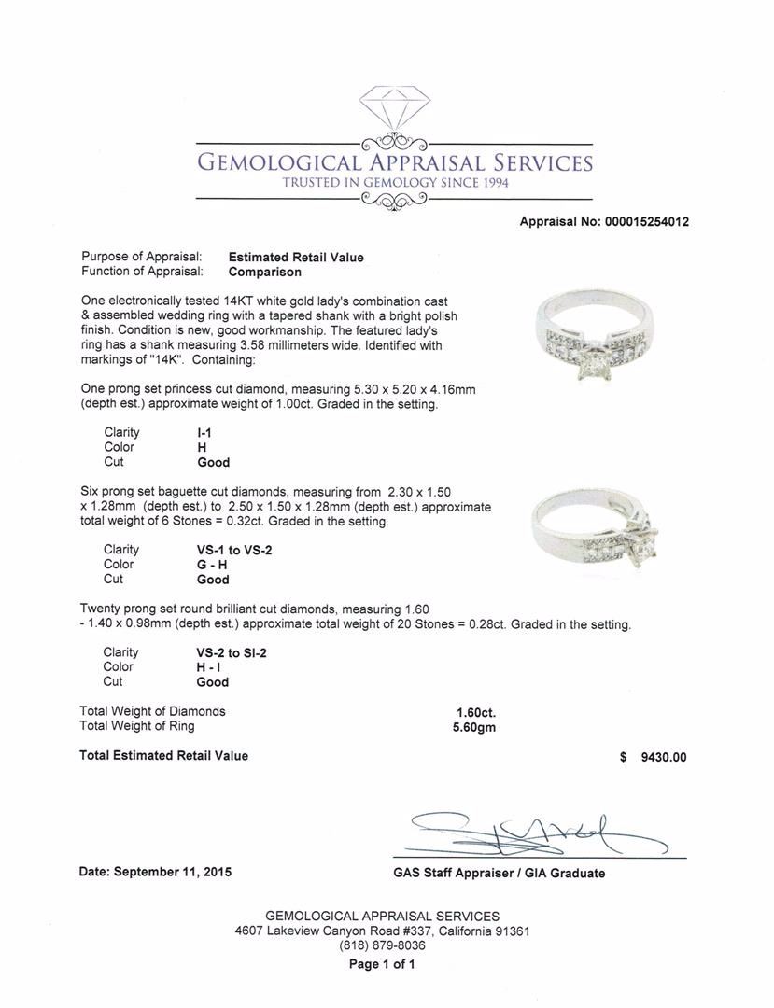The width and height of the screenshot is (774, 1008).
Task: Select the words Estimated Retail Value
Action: (x=296, y=258)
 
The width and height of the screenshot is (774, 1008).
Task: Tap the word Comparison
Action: (x=265, y=273)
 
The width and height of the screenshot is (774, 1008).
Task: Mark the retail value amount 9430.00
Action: (x=662, y=757)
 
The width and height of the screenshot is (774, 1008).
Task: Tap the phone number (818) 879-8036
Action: (x=382, y=945)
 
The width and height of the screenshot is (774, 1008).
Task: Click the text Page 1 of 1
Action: (x=382, y=964)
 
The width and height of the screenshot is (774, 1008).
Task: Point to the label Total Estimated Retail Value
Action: (x=164, y=756)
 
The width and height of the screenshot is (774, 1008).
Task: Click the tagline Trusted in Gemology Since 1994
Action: (x=395, y=183)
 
